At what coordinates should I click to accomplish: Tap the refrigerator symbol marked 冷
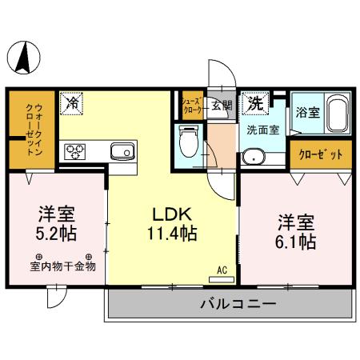(72, 102)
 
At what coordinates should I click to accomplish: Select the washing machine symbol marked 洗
(255, 102)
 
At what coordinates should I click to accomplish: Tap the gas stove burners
(77, 150)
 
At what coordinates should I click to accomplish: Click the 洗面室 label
(262, 129)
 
